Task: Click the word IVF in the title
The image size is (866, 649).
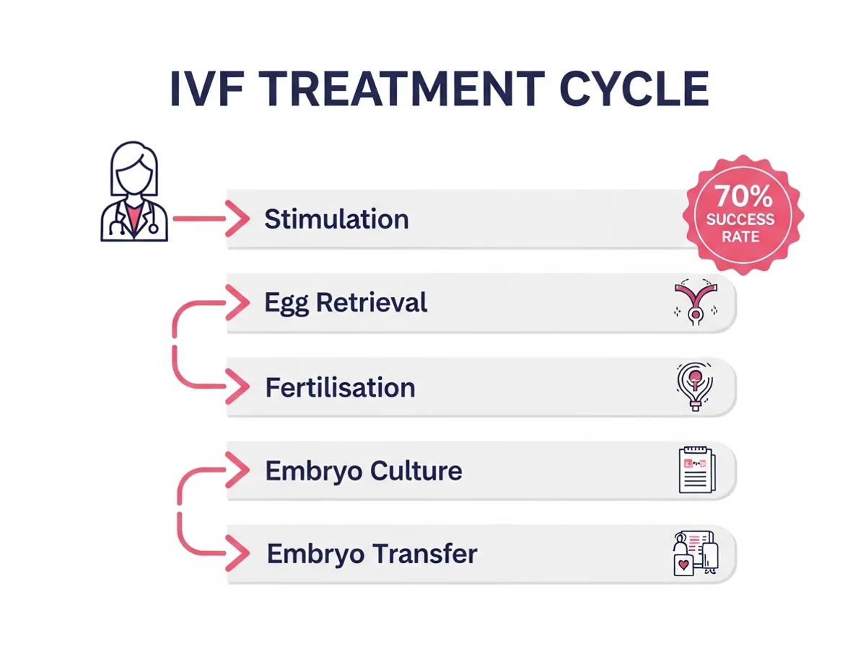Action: pos(204,89)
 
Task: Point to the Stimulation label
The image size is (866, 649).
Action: pos(336,219)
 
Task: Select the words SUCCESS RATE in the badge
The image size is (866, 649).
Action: pos(740,227)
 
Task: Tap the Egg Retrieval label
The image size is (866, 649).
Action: pos(346,303)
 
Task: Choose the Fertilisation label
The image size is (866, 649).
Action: pos(340,388)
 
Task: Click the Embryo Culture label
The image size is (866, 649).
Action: pos(364,472)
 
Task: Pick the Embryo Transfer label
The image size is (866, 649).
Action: pos(372,555)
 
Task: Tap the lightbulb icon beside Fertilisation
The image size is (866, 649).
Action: pos(694,386)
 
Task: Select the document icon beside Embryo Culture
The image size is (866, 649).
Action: pos(696,470)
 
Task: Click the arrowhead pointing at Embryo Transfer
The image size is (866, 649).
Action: pos(237,555)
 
